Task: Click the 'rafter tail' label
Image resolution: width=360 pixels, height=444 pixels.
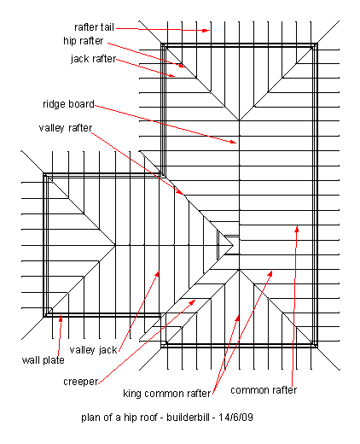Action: coord(94,27)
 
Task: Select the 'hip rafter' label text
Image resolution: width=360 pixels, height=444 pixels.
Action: coord(84,41)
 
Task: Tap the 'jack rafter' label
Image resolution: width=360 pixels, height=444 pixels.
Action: coord(94,59)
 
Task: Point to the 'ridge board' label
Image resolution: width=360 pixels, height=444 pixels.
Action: coord(68,104)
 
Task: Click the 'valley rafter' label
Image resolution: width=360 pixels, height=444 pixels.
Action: coord(66,128)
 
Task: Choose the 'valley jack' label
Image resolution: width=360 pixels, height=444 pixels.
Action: coord(93,350)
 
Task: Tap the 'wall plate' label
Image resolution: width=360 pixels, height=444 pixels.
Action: coord(44,360)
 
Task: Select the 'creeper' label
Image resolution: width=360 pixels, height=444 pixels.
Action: coord(81,382)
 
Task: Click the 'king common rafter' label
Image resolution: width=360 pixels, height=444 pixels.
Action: coord(167,394)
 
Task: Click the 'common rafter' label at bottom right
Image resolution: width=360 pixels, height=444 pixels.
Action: coord(264,390)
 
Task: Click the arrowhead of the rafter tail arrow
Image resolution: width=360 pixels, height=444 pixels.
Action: coord(206,30)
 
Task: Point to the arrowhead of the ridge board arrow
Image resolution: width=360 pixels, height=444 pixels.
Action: coord(233,142)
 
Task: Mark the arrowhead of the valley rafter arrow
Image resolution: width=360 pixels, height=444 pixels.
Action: coord(181,192)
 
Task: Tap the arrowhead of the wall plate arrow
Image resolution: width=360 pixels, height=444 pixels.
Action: coord(61,319)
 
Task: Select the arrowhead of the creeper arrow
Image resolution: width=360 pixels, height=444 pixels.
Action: coord(193,302)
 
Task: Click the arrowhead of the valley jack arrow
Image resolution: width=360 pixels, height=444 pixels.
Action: coord(157,274)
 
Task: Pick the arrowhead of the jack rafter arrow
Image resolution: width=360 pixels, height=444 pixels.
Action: coord(171,75)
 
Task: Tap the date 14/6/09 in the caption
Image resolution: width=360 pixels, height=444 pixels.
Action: coord(235,418)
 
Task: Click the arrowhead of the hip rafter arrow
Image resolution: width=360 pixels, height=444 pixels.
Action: coord(181,66)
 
